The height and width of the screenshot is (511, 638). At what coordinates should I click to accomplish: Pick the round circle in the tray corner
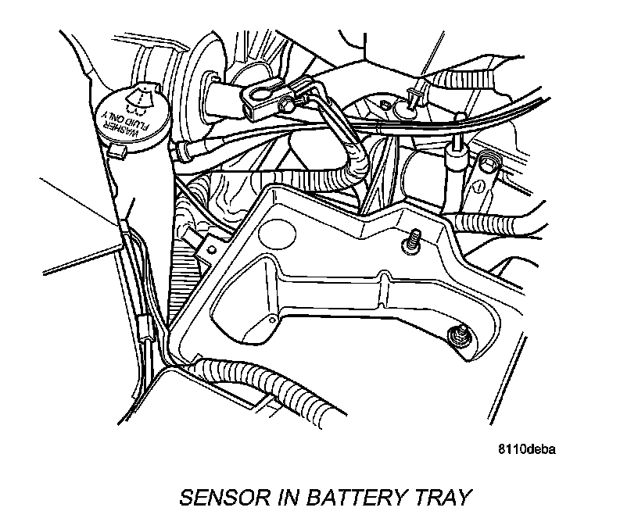click(276, 232)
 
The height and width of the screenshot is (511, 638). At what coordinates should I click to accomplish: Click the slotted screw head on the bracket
click(476, 189)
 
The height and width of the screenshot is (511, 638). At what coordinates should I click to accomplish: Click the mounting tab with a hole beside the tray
click(210, 249)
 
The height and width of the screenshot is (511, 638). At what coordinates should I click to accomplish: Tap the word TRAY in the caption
click(445, 496)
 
